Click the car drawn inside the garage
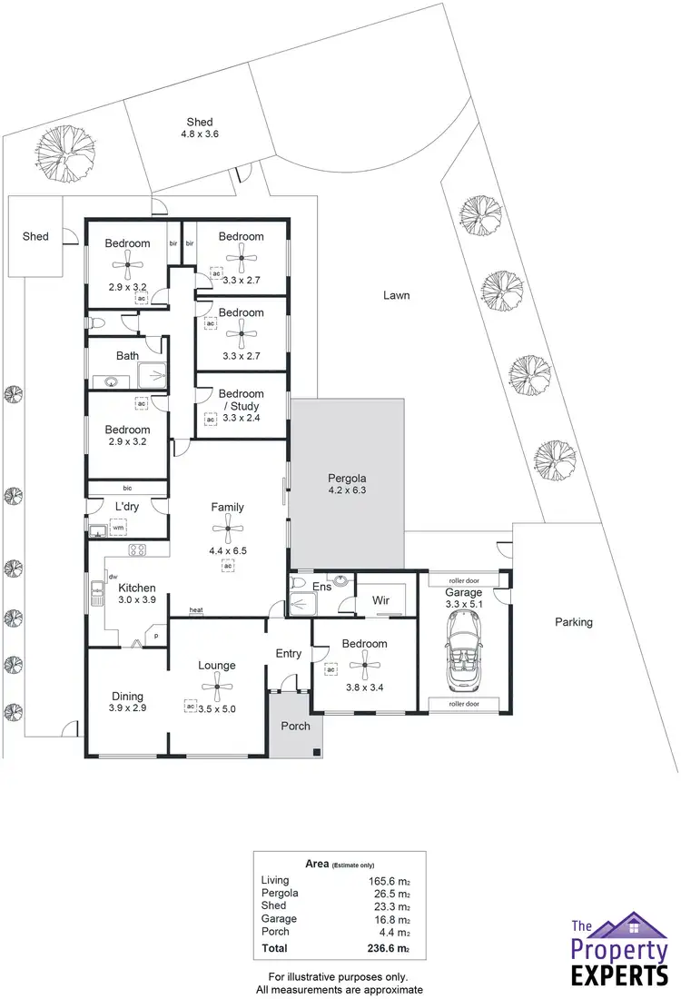(x=463, y=648)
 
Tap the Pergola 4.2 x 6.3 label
(x=347, y=485)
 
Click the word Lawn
(x=396, y=295)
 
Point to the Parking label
(x=574, y=622)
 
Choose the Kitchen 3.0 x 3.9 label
(x=137, y=594)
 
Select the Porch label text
(x=295, y=726)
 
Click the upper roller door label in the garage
(x=463, y=579)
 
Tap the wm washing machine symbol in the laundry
(x=117, y=528)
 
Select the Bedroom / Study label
(x=241, y=406)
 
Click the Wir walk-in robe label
(x=380, y=600)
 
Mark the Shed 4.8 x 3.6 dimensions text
(x=200, y=134)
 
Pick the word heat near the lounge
(x=195, y=609)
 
